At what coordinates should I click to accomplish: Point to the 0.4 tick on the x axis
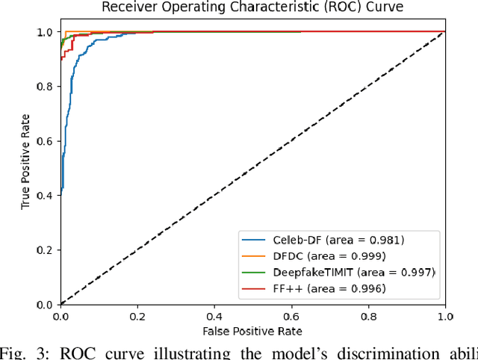tap(214, 317)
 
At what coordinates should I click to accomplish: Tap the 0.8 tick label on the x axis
tap(368, 317)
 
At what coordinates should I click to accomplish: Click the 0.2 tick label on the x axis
tap(137, 317)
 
